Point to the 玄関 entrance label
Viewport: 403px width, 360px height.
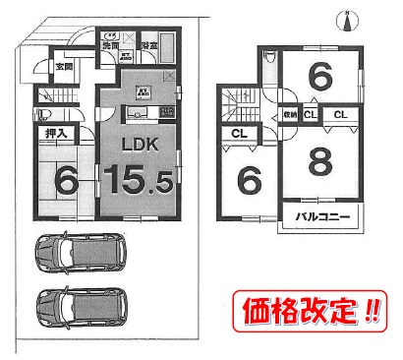coord(63,67)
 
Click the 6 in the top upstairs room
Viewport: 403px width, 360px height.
coord(317,75)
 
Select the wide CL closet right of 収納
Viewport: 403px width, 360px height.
coord(341,115)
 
